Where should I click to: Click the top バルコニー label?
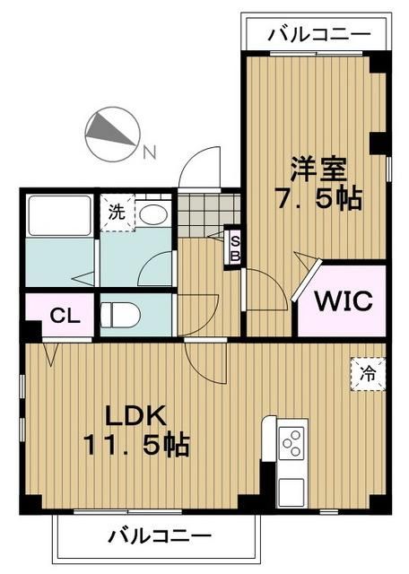tap(318, 34)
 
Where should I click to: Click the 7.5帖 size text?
tap(318, 198)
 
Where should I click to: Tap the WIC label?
tap(341, 301)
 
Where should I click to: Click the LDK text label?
tap(135, 415)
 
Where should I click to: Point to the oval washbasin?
tap(154, 213)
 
